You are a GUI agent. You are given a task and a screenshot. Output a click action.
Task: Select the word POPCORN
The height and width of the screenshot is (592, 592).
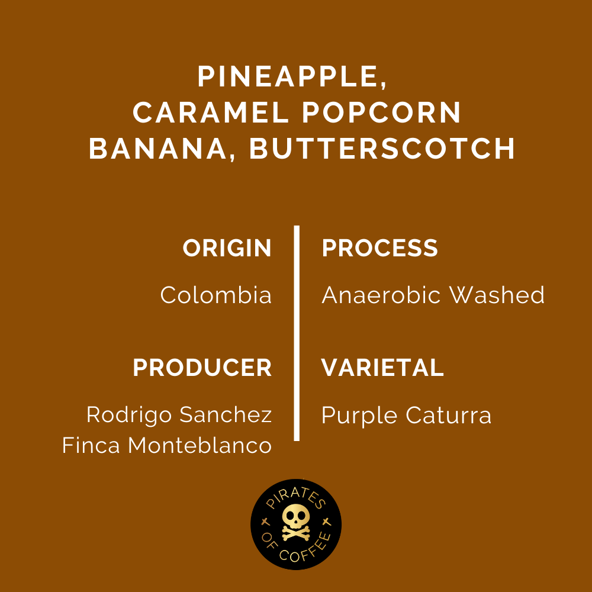382,112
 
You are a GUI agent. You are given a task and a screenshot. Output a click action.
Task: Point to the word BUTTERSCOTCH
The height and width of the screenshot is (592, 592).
382,149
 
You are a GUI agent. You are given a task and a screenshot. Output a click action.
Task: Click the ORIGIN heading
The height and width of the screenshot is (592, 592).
227,249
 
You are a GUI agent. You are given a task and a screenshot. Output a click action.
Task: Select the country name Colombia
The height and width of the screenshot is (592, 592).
216,295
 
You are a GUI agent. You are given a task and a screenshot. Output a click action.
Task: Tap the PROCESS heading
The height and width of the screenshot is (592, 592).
379,249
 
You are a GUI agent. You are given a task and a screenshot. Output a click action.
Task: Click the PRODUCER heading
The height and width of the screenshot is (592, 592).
202,368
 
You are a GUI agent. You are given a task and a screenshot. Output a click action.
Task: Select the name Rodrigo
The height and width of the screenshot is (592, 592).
130,415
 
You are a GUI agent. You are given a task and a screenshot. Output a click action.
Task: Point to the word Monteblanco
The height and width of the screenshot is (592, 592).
200,446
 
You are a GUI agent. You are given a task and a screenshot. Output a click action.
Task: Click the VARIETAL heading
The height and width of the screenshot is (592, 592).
382,368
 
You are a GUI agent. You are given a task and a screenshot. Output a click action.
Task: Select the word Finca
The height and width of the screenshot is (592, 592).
92,446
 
